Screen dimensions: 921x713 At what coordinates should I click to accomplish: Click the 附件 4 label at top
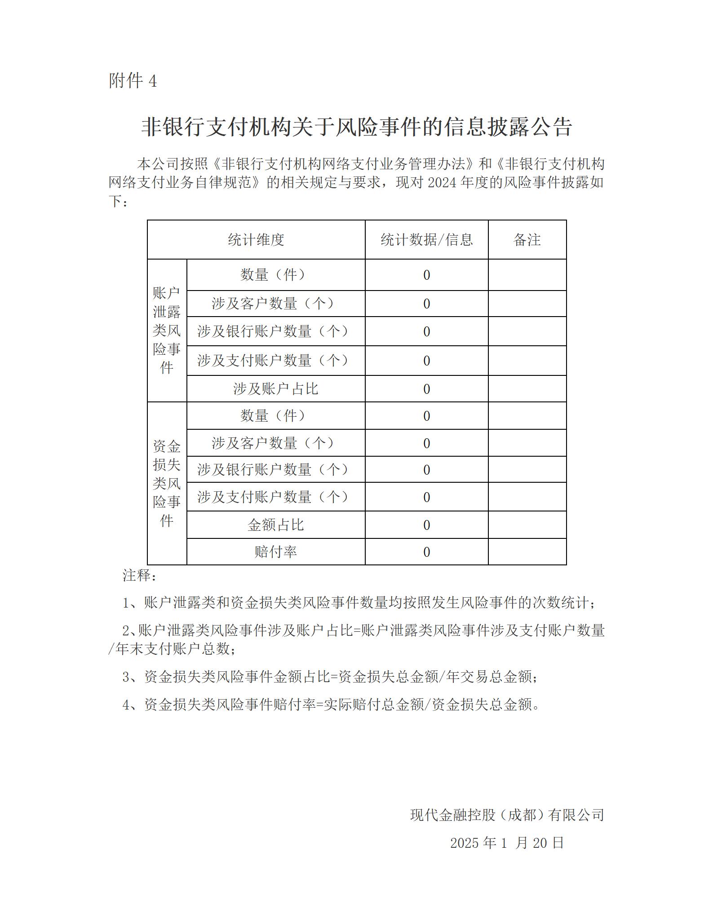pos(133,81)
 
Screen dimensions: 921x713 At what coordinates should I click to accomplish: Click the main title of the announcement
pos(356,127)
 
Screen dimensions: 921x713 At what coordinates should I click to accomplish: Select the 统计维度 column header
pos(256,240)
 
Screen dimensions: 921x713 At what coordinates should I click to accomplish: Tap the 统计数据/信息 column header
pos(426,240)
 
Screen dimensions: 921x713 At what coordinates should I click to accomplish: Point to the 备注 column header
pos(527,240)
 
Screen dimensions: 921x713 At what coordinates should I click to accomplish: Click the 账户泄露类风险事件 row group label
pos(167,331)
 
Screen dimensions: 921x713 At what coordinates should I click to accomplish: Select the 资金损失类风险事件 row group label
pos(167,483)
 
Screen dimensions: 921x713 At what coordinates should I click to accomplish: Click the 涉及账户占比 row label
pos(275,389)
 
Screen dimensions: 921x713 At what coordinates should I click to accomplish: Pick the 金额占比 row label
pos(275,525)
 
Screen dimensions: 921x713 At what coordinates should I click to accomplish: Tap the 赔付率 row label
pos(275,552)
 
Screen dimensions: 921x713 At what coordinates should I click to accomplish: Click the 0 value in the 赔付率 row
pos(427,552)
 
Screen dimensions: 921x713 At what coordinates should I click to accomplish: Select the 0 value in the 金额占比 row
pos(427,525)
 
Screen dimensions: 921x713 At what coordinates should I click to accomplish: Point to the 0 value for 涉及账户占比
pos(427,389)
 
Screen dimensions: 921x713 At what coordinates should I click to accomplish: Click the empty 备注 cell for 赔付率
pos(527,552)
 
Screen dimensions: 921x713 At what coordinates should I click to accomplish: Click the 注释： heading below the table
pos(139,575)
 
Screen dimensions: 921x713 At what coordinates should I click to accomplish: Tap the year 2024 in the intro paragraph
pos(443,183)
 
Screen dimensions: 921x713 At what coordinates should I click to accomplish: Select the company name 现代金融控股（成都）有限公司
pos(507,815)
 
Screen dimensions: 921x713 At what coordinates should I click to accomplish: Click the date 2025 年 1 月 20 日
pos(507,843)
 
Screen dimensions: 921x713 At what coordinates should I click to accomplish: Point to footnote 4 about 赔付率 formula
pos(332,705)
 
